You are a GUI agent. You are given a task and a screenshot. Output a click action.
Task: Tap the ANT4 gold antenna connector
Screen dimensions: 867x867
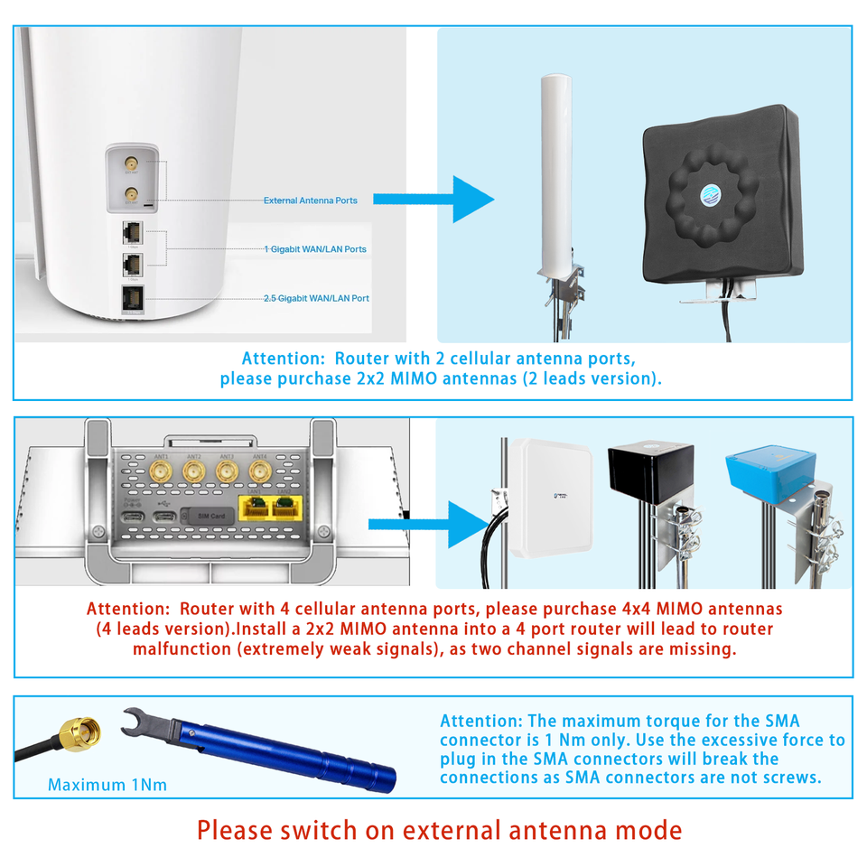(260, 472)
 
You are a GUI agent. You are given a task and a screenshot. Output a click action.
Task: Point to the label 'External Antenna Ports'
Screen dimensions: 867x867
(310, 200)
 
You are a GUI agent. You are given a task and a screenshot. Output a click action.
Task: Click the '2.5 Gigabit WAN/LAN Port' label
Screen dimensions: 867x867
(316, 298)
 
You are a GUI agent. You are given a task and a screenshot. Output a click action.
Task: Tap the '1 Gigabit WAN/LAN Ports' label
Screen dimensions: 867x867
(315, 248)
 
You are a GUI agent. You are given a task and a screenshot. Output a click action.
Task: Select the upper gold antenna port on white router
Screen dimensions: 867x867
(131, 164)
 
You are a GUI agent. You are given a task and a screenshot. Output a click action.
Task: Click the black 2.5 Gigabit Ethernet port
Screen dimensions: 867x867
(130, 299)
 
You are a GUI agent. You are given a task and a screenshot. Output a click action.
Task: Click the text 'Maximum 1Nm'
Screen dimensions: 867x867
(107, 785)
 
